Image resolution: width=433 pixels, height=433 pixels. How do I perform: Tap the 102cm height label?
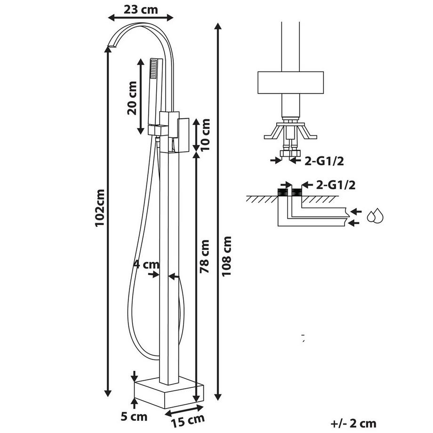click(x=99, y=208)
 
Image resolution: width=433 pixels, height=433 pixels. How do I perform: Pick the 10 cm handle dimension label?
click(x=204, y=134)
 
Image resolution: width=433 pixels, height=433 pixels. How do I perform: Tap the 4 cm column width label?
click(x=146, y=265)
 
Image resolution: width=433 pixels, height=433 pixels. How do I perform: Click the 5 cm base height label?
click(x=135, y=417)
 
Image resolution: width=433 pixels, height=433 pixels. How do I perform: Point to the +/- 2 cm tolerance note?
click(x=353, y=424)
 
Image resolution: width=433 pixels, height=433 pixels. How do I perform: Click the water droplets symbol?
click(x=375, y=216)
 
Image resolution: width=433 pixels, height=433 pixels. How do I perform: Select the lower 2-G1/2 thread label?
click(x=335, y=184)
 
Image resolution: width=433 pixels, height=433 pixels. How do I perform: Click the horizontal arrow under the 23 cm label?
click(x=140, y=18)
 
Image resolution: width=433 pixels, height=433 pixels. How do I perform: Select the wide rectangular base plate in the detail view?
click(x=291, y=83)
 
